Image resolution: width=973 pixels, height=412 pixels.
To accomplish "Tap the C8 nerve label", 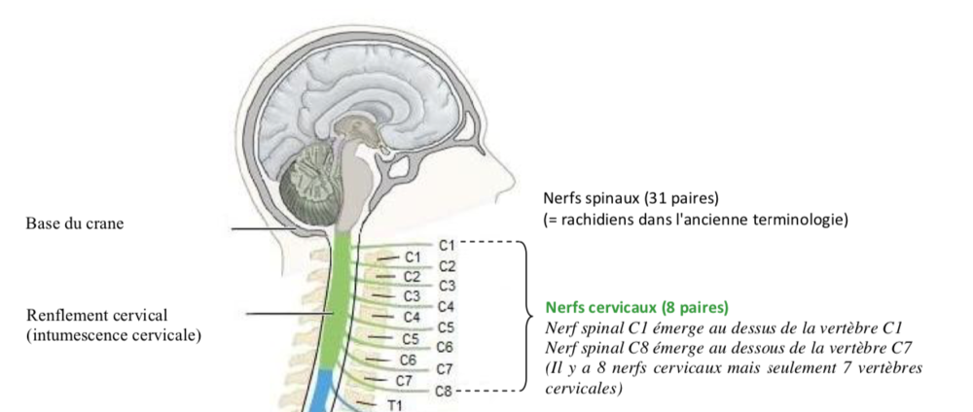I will pos(444,391).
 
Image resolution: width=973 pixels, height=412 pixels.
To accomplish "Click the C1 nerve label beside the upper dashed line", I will pos(447,243).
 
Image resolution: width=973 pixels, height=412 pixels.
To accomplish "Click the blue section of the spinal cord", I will pos(322,394).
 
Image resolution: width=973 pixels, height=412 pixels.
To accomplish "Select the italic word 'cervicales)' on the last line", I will pos(584,389).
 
